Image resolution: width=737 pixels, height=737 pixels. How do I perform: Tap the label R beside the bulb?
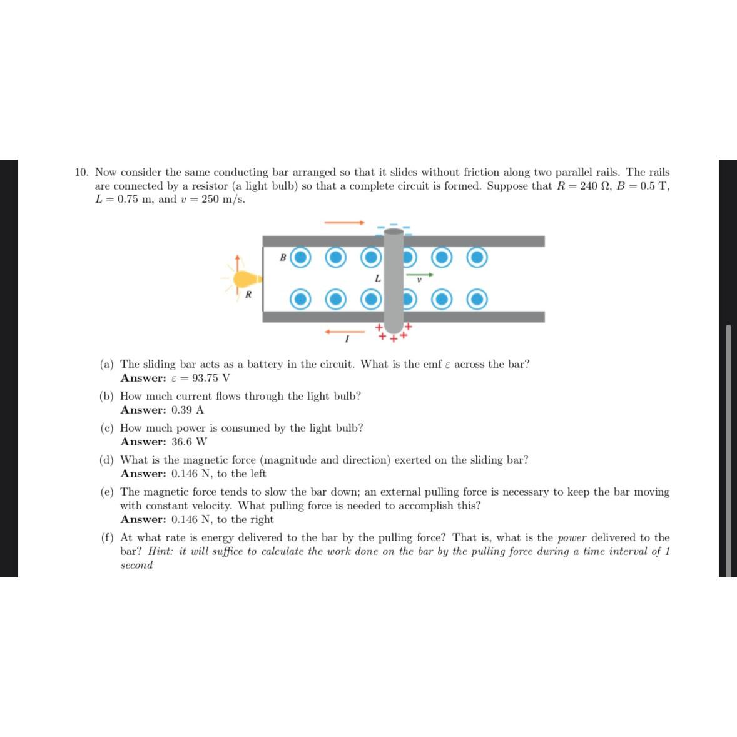click(x=248, y=294)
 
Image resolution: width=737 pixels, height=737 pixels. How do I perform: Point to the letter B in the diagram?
click(x=283, y=257)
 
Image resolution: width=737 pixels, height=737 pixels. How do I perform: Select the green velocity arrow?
click(x=419, y=274)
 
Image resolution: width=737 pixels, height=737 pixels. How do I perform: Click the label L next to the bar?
click(x=378, y=277)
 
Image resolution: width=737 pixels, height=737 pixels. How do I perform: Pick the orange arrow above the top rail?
click(x=343, y=222)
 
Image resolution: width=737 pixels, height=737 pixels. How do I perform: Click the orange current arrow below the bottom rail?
click(x=344, y=332)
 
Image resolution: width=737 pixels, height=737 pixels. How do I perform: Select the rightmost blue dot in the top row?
click(x=478, y=257)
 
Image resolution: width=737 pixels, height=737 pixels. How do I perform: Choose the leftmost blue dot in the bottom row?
click(x=301, y=299)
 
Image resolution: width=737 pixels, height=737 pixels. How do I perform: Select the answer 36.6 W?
click(x=189, y=442)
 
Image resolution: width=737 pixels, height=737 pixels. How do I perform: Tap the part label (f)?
click(x=108, y=537)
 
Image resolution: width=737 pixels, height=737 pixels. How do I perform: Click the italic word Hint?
click(x=161, y=551)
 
